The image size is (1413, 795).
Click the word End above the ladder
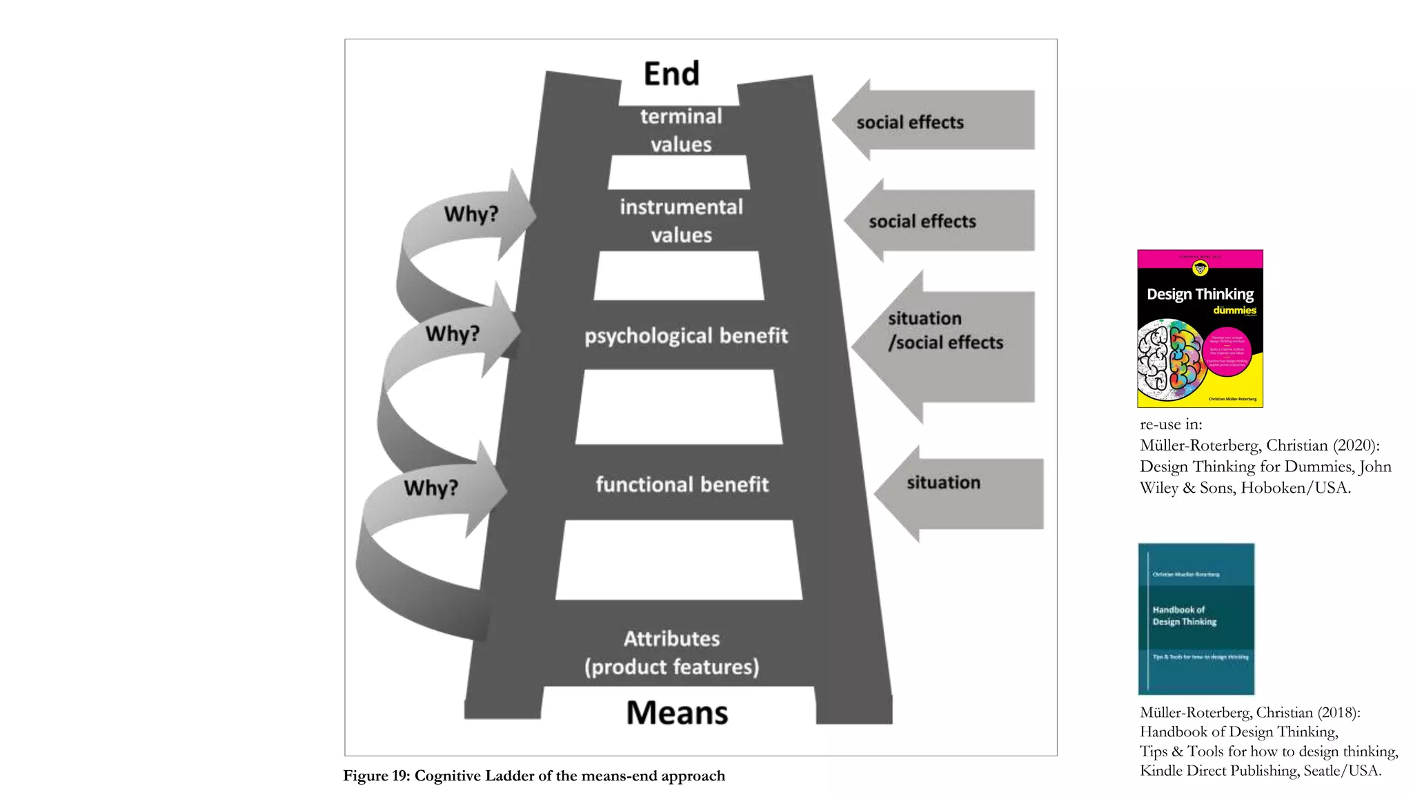click(x=671, y=74)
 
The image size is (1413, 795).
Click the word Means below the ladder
click(x=677, y=713)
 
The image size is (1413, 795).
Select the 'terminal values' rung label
click(x=680, y=130)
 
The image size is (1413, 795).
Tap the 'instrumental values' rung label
click(x=681, y=221)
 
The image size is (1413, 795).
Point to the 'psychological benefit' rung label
click(x=686, y=336)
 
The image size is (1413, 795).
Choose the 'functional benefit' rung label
click(x=682, y=484)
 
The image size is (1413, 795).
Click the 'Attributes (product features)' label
click(x=672, y=653)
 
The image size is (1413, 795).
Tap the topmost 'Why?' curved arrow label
click(x=471, y=214)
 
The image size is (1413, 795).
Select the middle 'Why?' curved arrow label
click(x=452, y=334)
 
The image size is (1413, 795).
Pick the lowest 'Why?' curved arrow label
click(x=431, y=488)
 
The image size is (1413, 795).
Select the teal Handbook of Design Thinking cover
click(x=1196, y=618)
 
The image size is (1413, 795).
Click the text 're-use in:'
click(x=1171, y=424)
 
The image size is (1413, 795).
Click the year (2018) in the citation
click(x=1338, y=713)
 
